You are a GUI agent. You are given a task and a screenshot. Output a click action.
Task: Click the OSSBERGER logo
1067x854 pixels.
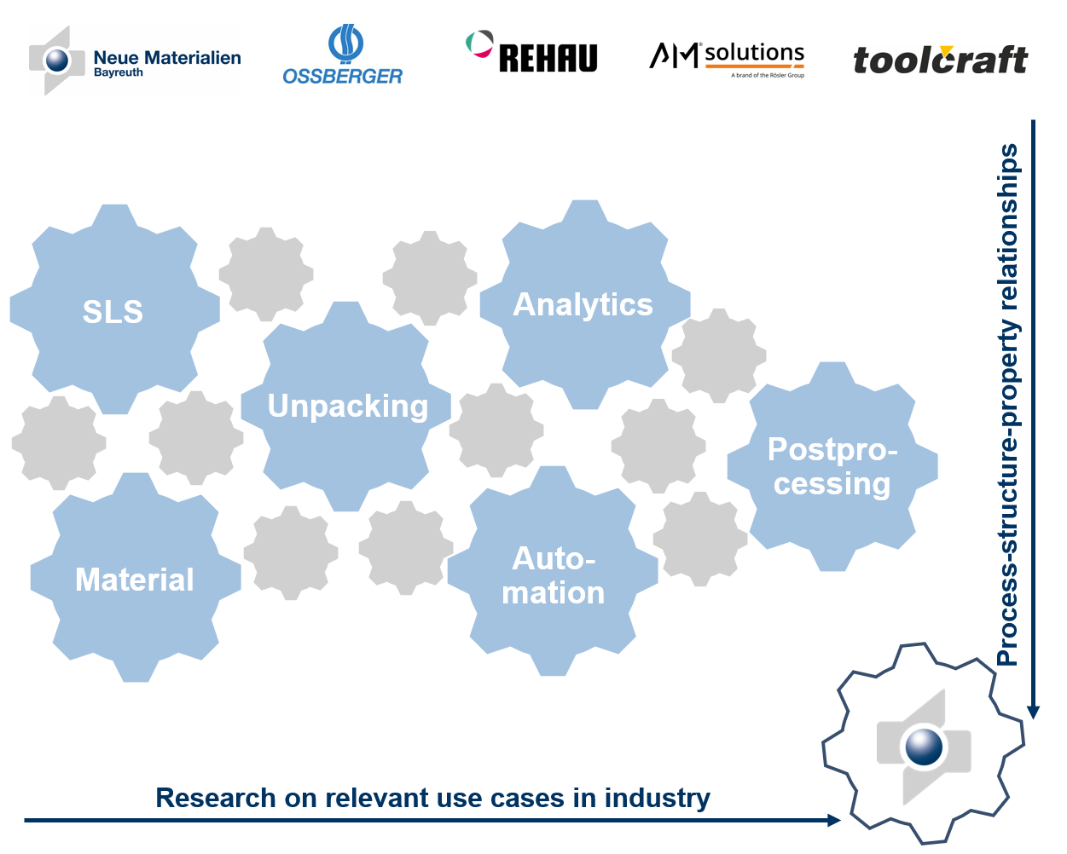pyautogui.click(x=343, y=56)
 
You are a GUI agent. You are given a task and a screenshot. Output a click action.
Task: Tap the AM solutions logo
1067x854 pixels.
pyautogui.click(x=727, y=58)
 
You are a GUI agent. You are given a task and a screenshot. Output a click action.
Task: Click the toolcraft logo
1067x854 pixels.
pyautogui.click(x=940, y=60)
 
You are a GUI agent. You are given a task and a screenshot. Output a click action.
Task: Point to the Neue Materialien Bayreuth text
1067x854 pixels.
pyautogui.click(x=166, y=61)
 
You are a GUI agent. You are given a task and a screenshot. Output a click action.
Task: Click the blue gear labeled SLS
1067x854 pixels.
pyautogui.click(x=113, y=311)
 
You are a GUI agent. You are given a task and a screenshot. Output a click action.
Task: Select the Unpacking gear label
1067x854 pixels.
pyautogui.click(x=347, y=407)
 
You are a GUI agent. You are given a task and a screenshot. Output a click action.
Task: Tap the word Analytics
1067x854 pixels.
pyautogui.click(x=583, y=304)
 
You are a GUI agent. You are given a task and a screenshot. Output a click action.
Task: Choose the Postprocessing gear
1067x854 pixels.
pyautogui.click(x=832, y=466)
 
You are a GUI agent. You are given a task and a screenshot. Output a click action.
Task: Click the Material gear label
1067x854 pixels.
pyautogui.click(x=135, y=580)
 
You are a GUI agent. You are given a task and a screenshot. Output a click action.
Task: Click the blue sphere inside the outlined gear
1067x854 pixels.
pyautogui.click(x=924, y=747)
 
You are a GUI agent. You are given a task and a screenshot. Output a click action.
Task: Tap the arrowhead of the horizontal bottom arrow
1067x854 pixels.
pyautogui.click(x=834, y=820)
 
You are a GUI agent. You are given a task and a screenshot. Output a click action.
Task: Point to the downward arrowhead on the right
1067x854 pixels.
pyautogui.click(x=1033, y=712)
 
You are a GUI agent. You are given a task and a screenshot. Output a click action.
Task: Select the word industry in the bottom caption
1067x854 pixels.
pyautogui.click(x=657, y=798)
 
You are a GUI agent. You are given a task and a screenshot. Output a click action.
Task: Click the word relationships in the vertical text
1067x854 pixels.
pyautogui.click(x=1008, y=227)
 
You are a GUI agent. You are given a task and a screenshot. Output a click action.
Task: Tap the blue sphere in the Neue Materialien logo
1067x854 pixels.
pyautogui.click(x=57, y=61)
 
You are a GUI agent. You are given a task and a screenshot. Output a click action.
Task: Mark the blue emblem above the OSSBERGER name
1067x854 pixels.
pyautogui.click(x=345, y=43)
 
